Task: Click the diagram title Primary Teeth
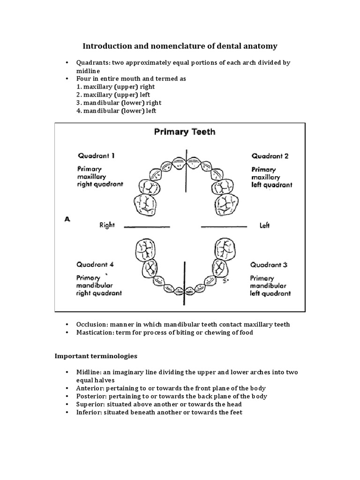(x=185, y=132)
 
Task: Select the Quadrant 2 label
(x=270, y=156)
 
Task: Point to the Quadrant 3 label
(x=269, y=265)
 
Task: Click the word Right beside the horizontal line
(x=107, y=225)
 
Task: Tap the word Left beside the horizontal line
(x=264, y=225)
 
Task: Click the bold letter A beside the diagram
(x=67, y=218)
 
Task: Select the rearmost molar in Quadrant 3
(x=225, y=248)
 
